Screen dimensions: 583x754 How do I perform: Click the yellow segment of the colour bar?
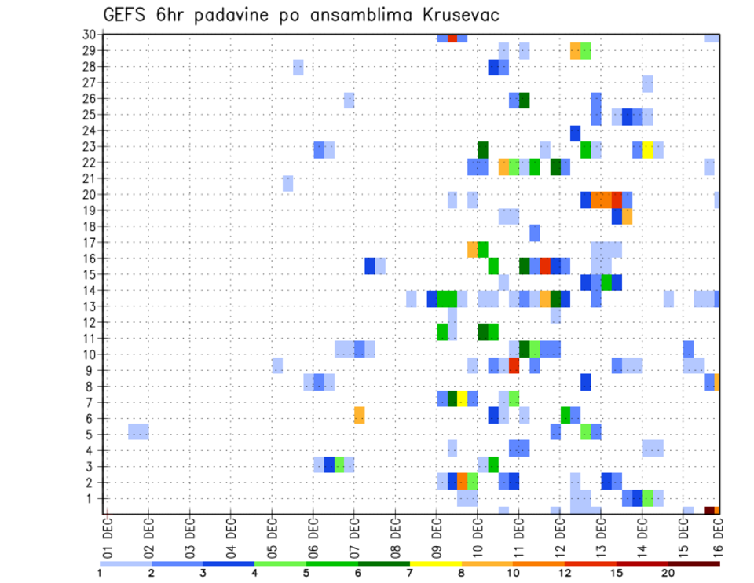click(x=435, y=563)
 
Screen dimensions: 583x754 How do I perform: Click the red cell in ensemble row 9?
click(x=514, y=366)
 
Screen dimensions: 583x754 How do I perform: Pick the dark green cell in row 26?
click(x=524, y=100)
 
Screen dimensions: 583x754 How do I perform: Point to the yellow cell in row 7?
click(x=463, y=398)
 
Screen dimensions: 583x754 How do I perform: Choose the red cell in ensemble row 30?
click(x=452, y=38)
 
